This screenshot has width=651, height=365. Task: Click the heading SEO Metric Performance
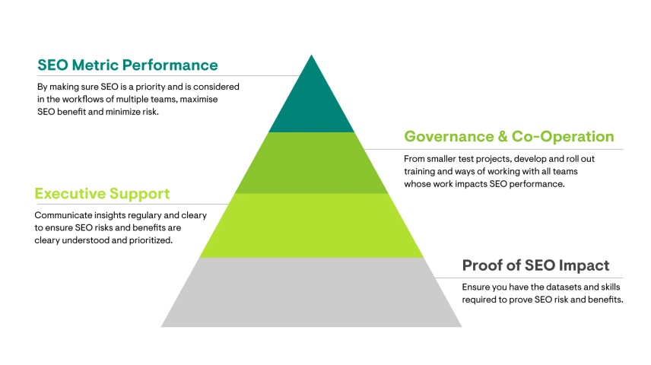click(128, 65)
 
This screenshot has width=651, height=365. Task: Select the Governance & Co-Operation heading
click(509, 137)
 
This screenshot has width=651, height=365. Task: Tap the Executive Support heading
click(103, 194)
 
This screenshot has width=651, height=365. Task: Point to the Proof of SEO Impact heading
click(535, 265)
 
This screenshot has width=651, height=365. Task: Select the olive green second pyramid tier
click(312, 163)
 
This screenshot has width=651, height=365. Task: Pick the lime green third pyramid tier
click(312, 225)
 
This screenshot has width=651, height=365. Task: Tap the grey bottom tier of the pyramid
click(312, 292)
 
